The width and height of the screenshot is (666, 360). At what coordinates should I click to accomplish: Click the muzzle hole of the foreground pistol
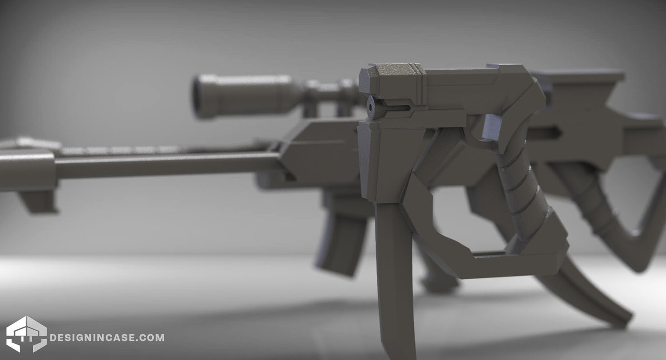pyautogui.click(x=371, y=107)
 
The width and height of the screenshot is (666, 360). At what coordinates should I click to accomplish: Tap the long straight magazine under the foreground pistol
pyautogui.click(x=396, y=280)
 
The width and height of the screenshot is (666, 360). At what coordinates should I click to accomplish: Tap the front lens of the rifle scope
pyautogui.click(x=198, y=96)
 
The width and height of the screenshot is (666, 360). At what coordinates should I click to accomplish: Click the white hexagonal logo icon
pyautogui.click(x=27, y=334)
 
